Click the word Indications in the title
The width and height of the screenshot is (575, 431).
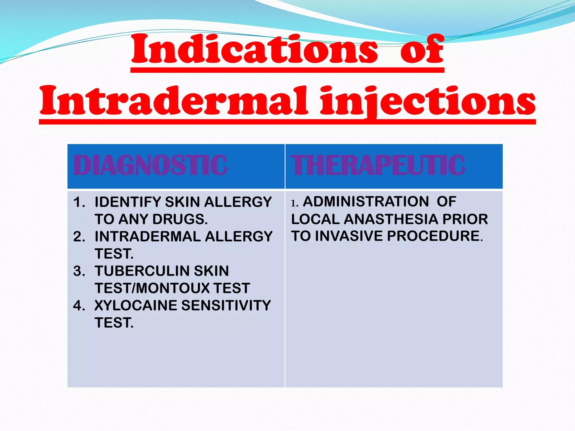click(254, 50)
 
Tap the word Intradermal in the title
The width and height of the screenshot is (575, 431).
click(174, 101)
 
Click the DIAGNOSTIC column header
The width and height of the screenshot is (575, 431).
click(150, 166)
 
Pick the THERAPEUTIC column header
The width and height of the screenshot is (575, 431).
click(378, 166)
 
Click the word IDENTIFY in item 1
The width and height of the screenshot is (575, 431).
click(128, 202)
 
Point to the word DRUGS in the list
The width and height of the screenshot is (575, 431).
click(180, 219)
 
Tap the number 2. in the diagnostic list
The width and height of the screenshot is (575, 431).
click(79, 237)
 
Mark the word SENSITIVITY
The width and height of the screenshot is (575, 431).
click(226, 306)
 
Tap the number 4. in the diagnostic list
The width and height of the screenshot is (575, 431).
click(79, 306)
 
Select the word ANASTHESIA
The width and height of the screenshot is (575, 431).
click(391, 219)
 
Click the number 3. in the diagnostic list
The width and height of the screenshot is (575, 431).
click(79, 271)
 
